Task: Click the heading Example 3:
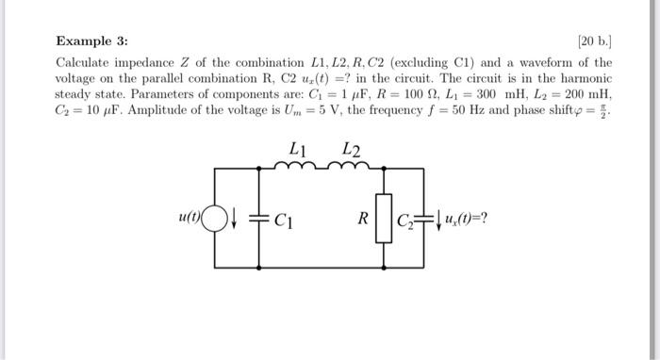tap(91, 41)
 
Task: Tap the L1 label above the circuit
tap(299, 149)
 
